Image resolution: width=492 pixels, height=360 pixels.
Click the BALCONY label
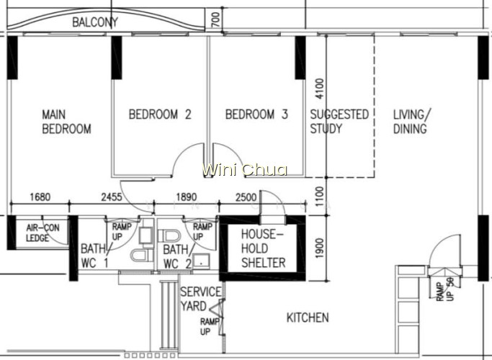tap(95, 22)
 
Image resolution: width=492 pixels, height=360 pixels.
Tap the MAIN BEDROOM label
tap(66, 122)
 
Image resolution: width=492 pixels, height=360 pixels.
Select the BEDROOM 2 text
tap(160, 114)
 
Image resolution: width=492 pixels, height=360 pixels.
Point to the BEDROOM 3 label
tap(256, 114)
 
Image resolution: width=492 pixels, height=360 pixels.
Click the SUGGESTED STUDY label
tap(339, 122)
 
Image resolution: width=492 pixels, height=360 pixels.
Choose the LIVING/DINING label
tap(412, 122)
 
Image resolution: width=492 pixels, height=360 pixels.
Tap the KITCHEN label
tap(308, 318)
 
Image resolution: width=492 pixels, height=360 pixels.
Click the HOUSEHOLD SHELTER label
tap(263, 248)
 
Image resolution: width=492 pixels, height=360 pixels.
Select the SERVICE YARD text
tap(200, 299)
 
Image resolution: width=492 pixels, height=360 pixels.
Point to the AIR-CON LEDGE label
tap(43, 233)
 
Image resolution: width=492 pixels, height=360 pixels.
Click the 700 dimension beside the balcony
tap(216, 19)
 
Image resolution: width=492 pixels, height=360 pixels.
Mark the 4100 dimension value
tap(319, 89)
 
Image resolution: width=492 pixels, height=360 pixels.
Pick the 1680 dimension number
tap(40, 197)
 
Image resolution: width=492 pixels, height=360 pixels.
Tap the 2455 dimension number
tap(112, 197)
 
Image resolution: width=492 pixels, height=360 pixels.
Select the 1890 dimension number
tap(187, 197)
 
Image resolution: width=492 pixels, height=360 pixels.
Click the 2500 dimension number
tap(246, 197)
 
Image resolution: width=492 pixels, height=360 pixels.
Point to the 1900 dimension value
tap(319, 248)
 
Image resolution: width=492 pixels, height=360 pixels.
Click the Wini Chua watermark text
tap(244, 170)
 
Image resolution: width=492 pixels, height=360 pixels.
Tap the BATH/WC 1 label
tap(95, 256)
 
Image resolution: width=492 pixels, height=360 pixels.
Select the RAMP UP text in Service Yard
tap(209, 326)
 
